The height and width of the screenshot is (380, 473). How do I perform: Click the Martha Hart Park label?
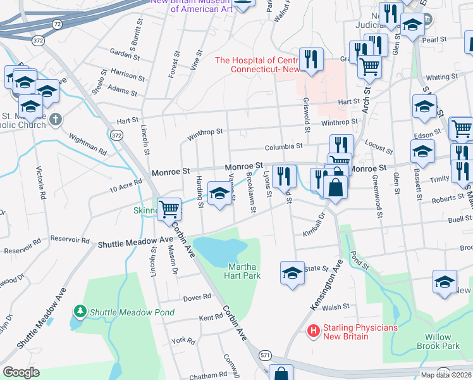[x=242, y=271]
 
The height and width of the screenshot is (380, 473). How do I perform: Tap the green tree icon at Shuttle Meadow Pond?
[x=80, y=312]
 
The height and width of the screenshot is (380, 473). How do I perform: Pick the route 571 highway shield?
[x=266, y=356]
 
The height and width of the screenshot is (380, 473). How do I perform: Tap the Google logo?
[x=21, y=372]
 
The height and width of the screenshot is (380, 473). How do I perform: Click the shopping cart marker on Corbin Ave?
[x=169, y=209]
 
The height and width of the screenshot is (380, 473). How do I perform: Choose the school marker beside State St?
[x=292, y=273]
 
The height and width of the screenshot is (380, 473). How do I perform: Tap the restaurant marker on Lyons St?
[x=286, y=175]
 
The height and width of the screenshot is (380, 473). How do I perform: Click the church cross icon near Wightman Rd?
[x=56, y=119]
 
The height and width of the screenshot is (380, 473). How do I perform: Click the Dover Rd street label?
[x=197, y=297]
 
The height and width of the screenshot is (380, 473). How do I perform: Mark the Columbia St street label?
[x=284, y=147]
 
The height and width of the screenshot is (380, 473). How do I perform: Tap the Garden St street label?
[x=123, y=53]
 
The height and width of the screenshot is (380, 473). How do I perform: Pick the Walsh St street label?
[x=336, y=307]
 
